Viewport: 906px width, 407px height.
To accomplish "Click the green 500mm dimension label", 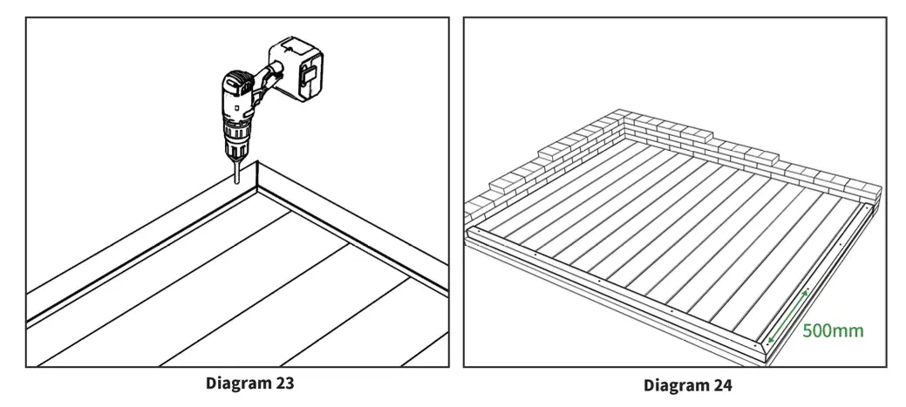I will [x=833, y=331].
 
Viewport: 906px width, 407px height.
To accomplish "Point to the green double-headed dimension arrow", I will [x=788, y=315].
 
